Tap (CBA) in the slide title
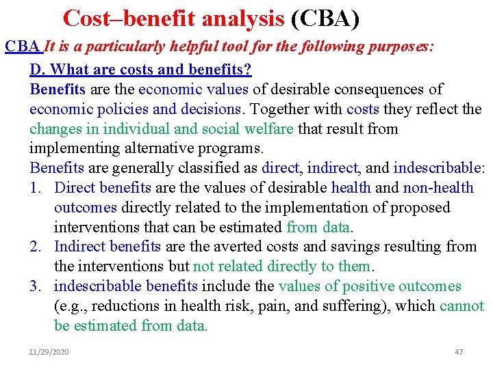325,18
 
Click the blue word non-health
438,188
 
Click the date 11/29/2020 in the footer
49,352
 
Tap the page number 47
459,352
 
